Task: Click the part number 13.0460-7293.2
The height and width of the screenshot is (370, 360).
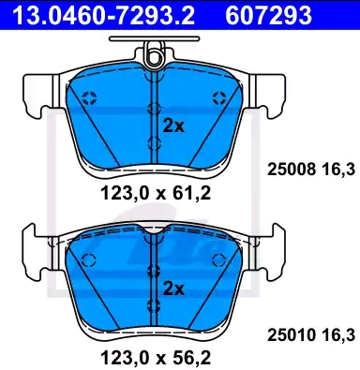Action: coord(103,15)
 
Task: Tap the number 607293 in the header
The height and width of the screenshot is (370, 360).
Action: coord(268,15)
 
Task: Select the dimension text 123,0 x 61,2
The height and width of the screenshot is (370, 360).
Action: coord(156,193)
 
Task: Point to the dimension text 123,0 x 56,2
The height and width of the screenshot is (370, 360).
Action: coord(156,357)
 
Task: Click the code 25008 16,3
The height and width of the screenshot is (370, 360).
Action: coord(311,170)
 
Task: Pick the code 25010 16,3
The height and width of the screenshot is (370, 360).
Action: coord(311,335)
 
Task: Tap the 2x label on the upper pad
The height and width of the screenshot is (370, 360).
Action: coord(174,126)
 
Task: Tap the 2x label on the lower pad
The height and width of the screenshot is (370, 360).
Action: coord(174,289)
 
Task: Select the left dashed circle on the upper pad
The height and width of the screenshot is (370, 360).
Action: coord(89,98)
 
